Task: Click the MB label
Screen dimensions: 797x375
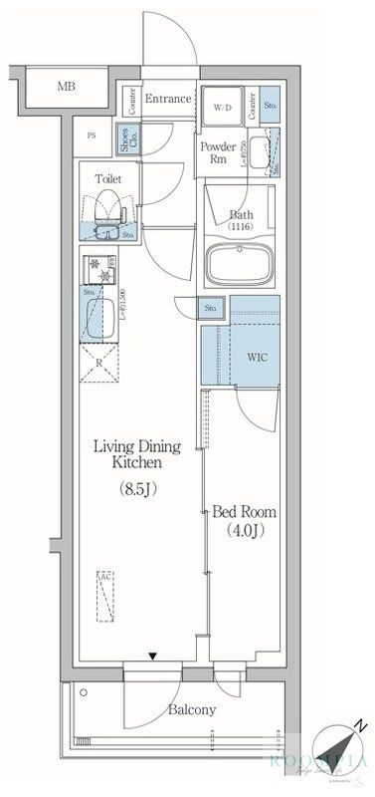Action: [x=66, y=88]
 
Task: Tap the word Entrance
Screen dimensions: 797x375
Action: [x=168, y=99]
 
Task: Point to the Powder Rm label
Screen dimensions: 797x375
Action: [x=217, y=153]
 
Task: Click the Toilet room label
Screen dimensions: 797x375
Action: [x=108, y=179]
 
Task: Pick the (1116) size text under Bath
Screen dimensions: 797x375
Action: [x=242, y=228]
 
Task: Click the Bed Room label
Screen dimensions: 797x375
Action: [x=245, y=512]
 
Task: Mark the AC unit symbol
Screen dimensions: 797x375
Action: [x=105, y=597]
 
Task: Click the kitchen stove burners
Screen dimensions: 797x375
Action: [x=99, y=268]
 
